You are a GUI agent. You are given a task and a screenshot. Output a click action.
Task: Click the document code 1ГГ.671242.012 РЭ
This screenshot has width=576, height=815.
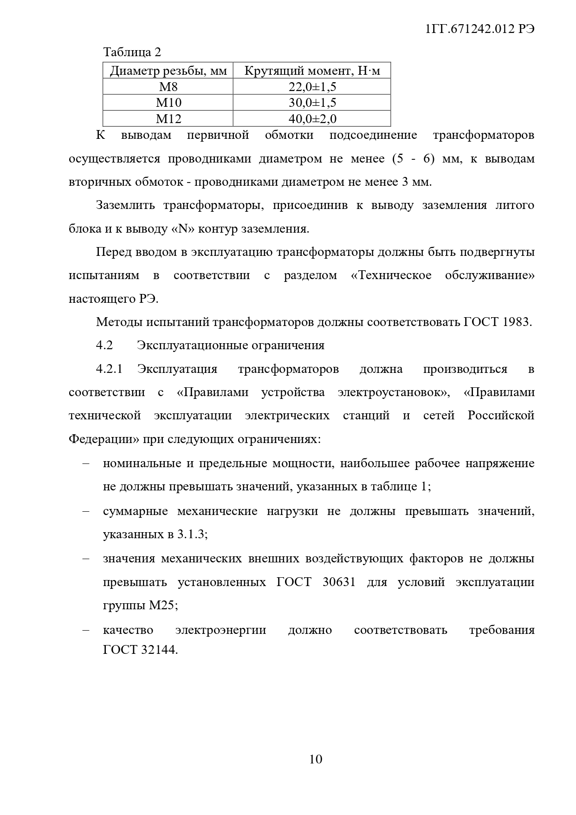[479, 29]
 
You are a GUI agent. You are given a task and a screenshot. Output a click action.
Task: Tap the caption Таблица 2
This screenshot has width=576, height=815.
[132, 52]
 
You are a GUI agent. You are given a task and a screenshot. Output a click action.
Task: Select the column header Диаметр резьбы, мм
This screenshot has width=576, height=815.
[168, 71]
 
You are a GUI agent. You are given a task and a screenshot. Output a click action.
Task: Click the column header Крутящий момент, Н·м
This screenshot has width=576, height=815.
[312, 71]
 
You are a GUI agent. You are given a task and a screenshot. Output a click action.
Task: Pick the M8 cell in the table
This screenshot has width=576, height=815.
[168, 87]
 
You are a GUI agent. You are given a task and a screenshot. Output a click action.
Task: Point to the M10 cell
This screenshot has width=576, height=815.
[168, 103]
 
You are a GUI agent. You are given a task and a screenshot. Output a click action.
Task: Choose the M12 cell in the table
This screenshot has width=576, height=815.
[168, 119]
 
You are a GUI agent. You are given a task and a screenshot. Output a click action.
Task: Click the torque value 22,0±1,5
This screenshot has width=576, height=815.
[312, 87]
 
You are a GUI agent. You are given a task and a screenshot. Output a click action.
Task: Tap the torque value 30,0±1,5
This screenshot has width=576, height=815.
[312, 103]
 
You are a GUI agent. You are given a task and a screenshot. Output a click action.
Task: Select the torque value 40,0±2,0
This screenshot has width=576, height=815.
[312, 119]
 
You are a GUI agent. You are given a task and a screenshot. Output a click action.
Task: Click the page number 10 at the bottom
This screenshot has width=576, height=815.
[315, 759]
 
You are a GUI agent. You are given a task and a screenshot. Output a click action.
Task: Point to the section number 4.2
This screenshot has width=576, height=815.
[104, 346]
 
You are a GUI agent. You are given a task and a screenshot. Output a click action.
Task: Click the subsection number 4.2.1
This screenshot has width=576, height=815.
[109, 369]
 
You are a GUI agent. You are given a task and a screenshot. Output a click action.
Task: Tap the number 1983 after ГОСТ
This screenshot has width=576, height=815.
[516, 322]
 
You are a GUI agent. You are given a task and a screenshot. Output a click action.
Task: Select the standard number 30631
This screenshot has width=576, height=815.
[339, 582]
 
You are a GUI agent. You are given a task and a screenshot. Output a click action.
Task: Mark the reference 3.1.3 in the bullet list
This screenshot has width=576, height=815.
[190, 535]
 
